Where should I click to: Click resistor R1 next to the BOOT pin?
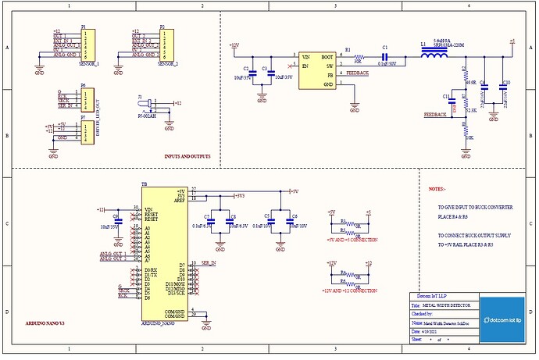[x=359, y=58]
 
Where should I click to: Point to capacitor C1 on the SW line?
[x=385, y=57]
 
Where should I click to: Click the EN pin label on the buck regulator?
[x=306, y=66]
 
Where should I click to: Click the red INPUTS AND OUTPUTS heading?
[x=187, y=156]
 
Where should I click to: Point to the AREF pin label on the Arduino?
[x=180, y=200]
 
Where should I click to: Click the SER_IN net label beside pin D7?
[x=209, y=263]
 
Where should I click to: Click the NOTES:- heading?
[x=437, y=189]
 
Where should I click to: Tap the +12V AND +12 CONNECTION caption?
[x=348, y=290]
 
